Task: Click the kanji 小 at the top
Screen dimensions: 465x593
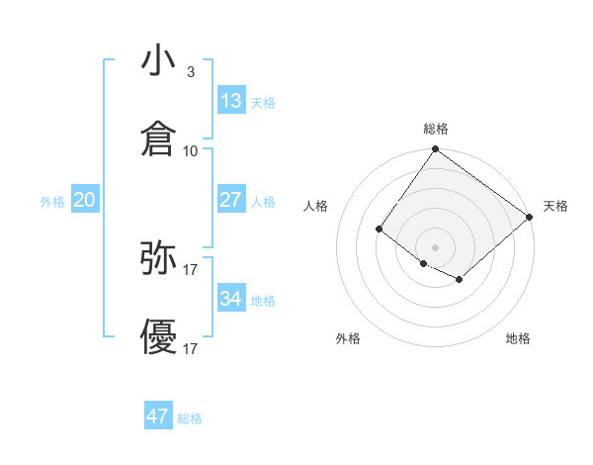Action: (x=159, y=61)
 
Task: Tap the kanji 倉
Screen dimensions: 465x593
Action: (x=159, y=139)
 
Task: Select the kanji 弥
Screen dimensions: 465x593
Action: (x=159, y=258)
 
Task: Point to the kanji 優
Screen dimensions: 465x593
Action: (x=159, y=337)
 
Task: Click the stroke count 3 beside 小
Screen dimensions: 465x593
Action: (x=190, y=72)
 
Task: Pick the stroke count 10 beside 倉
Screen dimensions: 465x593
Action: (x=191, y=150)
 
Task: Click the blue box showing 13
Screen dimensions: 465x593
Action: (x=231, y=101)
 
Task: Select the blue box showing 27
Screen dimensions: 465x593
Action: (x=231, y=200)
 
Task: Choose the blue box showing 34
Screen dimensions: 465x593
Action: (x=231, y=299)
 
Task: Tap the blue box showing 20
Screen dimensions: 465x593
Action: (x=84, y=200)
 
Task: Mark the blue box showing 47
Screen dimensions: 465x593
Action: (x=157, y=417)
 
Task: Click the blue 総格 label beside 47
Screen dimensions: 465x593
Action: (x=190, y=418)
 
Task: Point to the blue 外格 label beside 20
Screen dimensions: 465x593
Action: (x=52, y=202)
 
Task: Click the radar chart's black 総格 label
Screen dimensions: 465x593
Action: (x=436, y=129)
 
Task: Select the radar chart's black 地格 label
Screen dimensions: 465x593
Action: (x=518, y=338)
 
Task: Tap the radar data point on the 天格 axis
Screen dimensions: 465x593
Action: (x=530, y=218)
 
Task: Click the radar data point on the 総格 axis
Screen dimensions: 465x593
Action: (x=435, y=151)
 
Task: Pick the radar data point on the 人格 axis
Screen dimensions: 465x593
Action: (x=380, y=230)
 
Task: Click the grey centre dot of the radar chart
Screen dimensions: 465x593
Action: (x=435, y=246)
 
